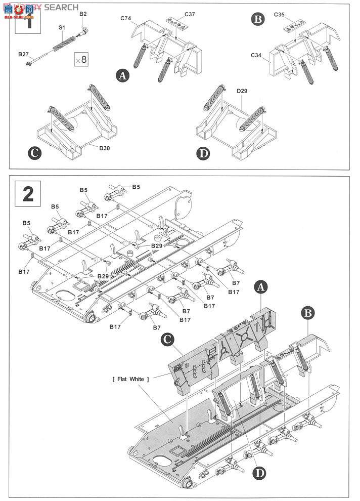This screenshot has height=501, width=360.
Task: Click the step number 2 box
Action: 28,194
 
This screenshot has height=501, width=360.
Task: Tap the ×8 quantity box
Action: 81,59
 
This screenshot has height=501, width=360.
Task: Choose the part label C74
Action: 126,18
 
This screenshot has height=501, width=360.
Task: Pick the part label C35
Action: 280,15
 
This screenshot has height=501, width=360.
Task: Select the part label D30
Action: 105,148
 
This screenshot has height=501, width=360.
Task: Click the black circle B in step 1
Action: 258,20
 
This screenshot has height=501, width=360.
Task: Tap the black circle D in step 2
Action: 258,474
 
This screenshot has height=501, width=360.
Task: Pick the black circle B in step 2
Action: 308,313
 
